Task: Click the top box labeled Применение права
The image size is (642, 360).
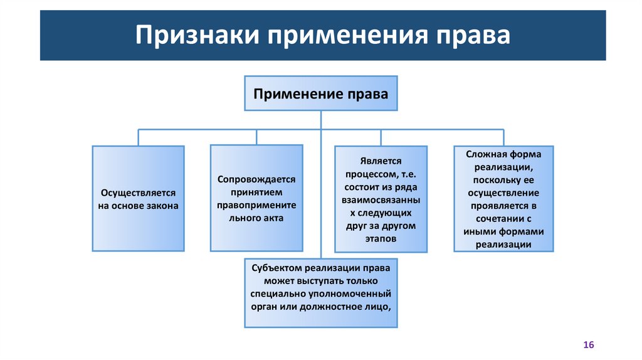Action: point(320,93)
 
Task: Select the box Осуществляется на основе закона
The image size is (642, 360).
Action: point(138,199)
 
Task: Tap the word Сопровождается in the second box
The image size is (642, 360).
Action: point(256,179)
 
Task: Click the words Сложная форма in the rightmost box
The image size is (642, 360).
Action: point(503,154)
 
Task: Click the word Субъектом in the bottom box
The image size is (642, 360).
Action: point(273,268)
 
